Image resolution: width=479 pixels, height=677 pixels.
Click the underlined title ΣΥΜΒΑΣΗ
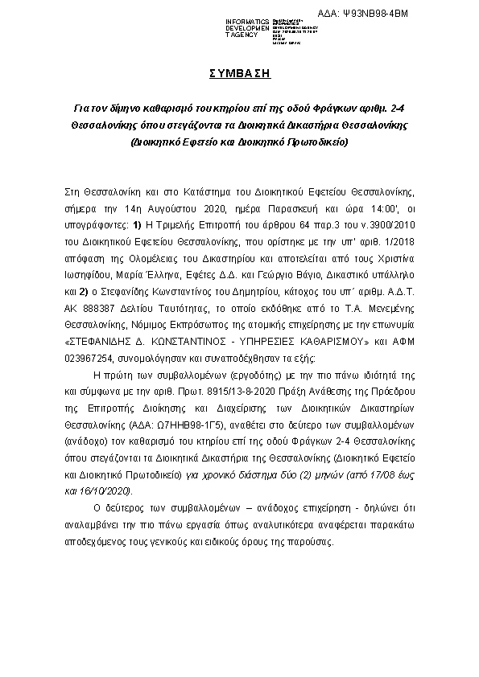click(239, 73)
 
